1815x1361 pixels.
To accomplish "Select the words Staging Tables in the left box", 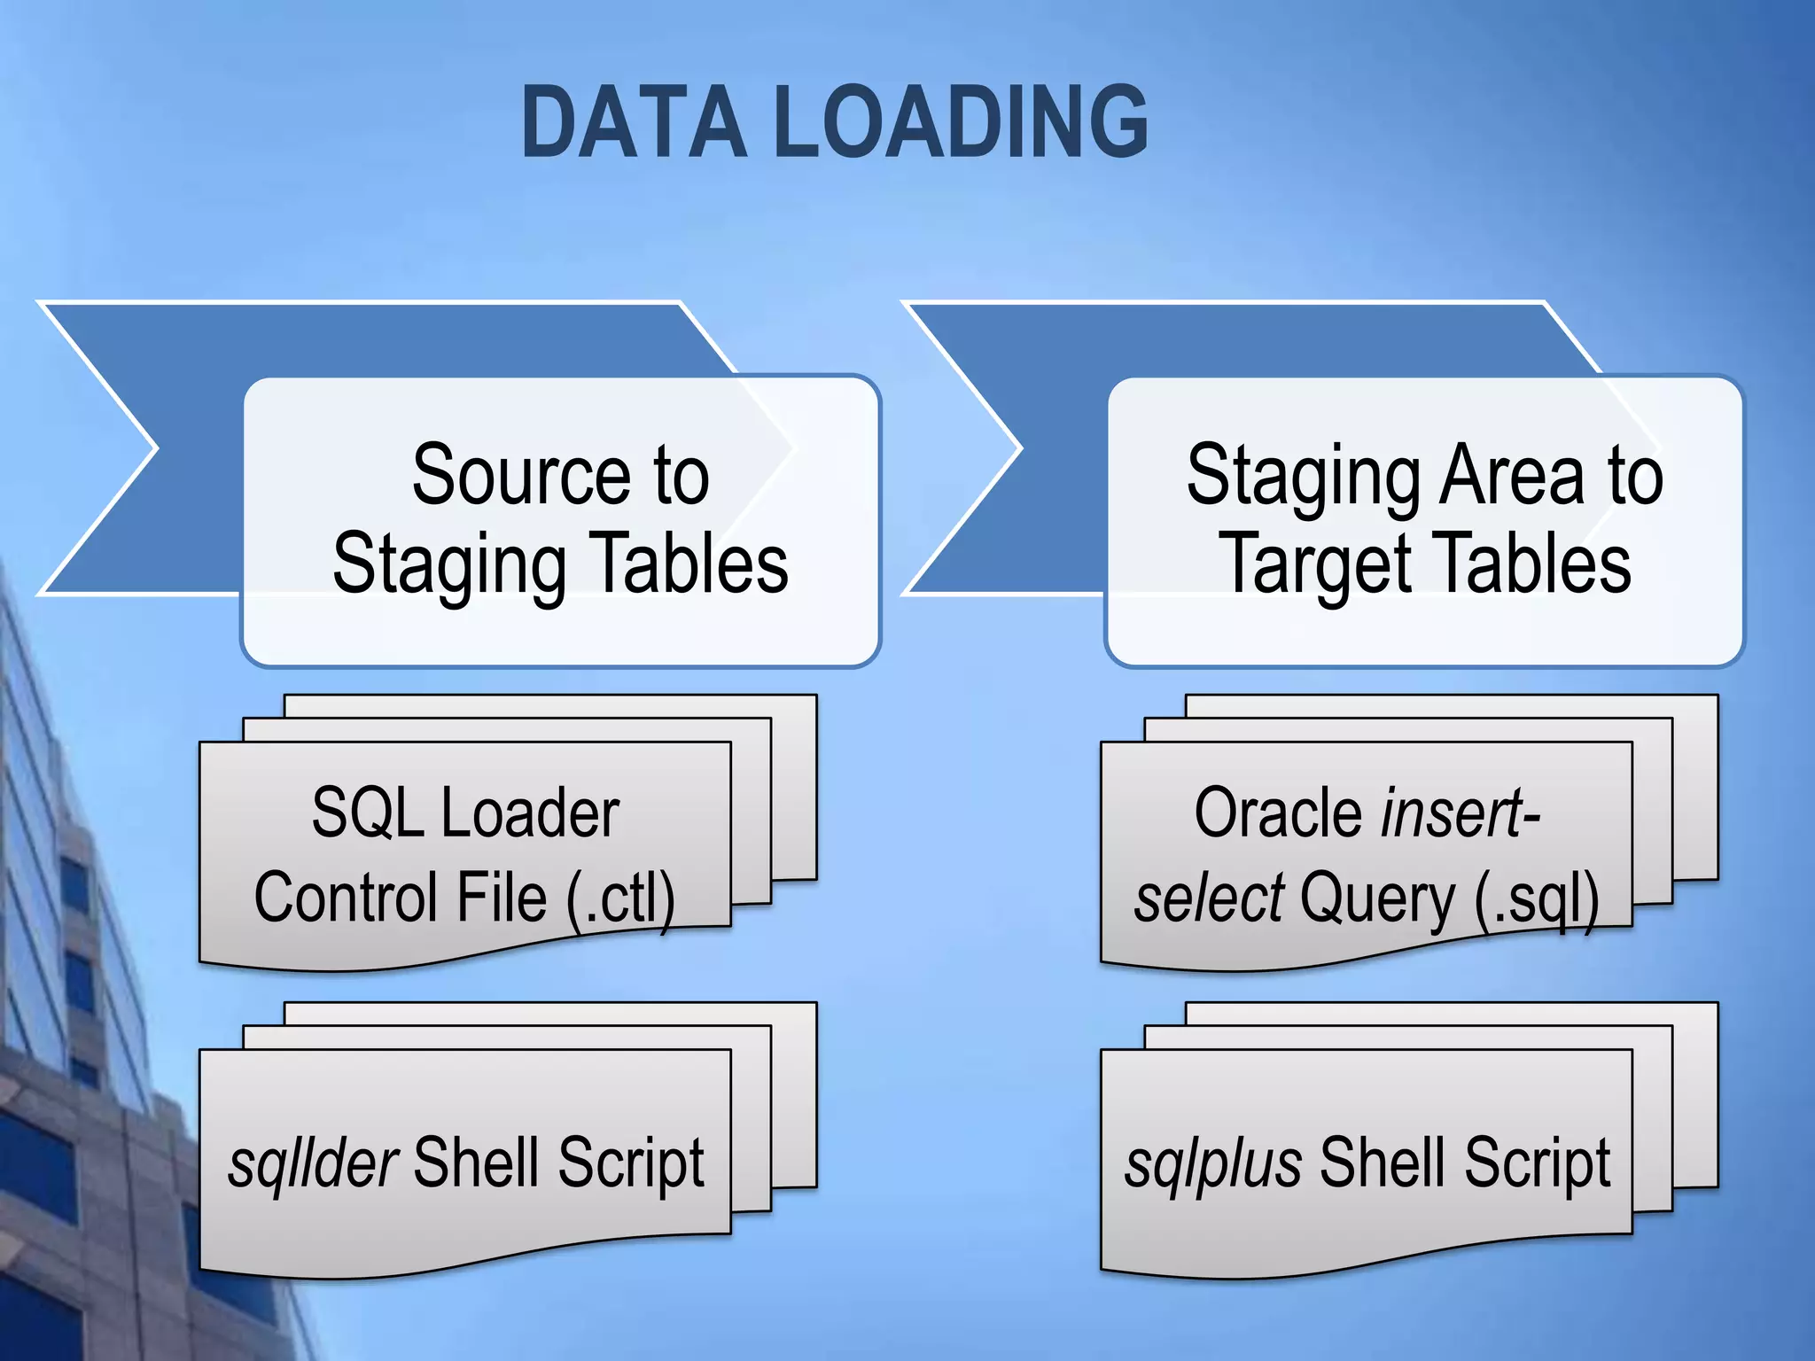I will point(560,565).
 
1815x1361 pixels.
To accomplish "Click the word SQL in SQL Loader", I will point(367,813).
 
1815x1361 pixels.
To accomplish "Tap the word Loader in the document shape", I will point(530,813).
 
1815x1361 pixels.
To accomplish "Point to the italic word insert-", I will point(1461,813).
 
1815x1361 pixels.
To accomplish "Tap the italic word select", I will point(1209,898).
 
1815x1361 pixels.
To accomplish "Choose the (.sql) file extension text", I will point(1537,898).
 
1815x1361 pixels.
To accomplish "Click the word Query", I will point(1377,898).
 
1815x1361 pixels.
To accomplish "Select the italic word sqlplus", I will point(1213,1162).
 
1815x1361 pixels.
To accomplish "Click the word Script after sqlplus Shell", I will point(1537,1162).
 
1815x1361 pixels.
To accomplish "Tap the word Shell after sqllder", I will point(475,1162).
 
